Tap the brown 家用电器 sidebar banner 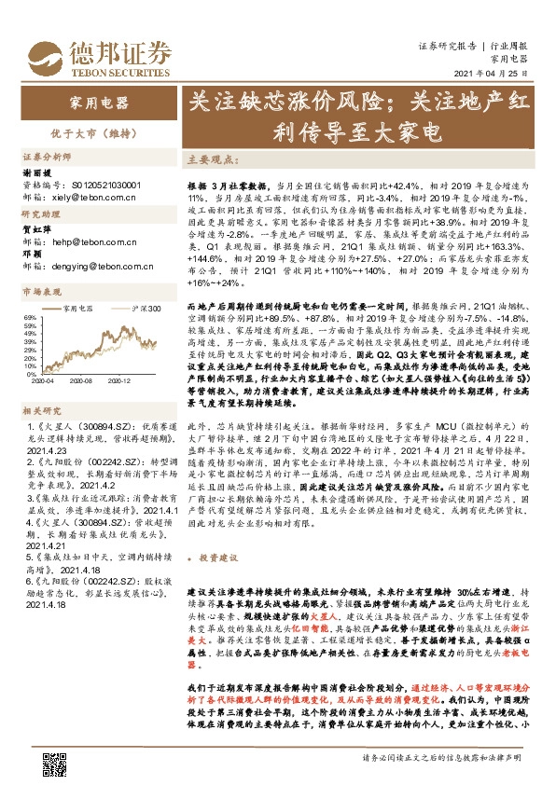click(x=93, y=100)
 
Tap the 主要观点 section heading click(x=207, y=159)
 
